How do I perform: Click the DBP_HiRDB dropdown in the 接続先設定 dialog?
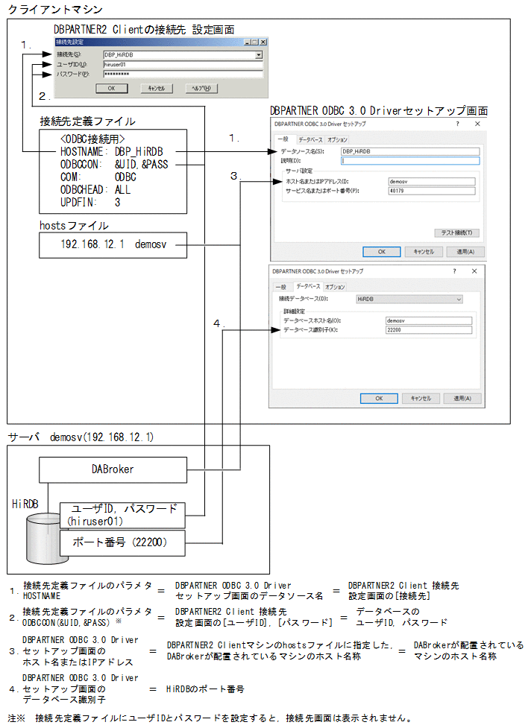[x=182, y=55]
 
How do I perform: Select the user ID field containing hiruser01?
[x=182, y=65]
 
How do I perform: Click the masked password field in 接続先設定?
[x=182, y=75]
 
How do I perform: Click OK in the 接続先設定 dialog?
[x=110, y=88]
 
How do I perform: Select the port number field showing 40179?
[x=431, y=191]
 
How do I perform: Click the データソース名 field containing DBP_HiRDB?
[x=409, y=151]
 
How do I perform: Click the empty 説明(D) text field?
[x=409, y=160]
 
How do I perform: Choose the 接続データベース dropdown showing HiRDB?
[x=409, y=299]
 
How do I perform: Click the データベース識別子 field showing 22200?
[x=429, y=329]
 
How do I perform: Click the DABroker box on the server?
[x=113, y=469]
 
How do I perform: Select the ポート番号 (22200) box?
[x=122, y=543]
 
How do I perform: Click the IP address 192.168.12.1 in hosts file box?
[x=92, y=244]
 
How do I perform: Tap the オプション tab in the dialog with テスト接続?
[x=337, y=139]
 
